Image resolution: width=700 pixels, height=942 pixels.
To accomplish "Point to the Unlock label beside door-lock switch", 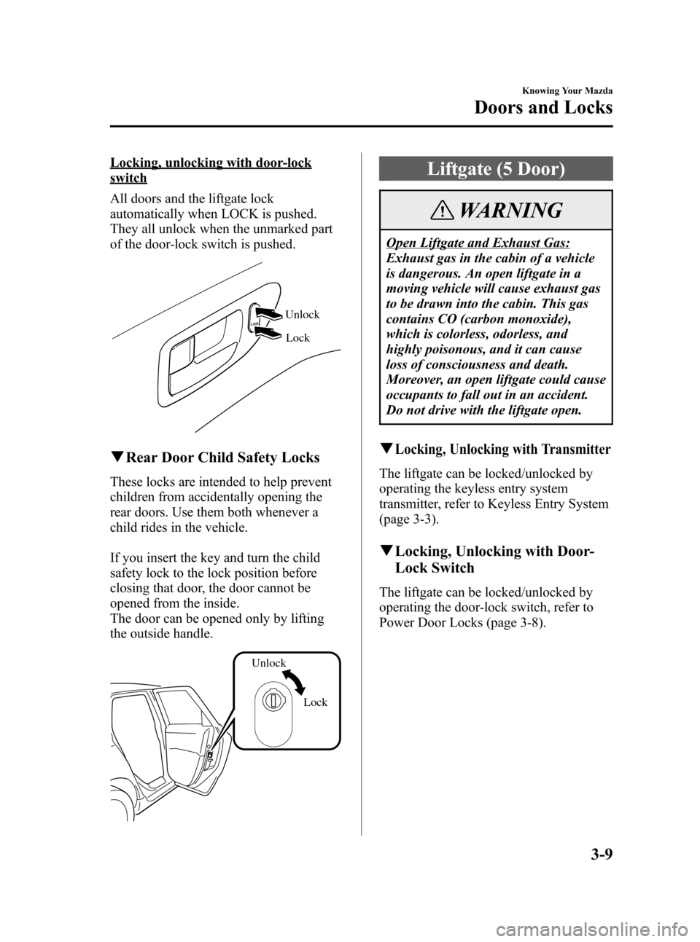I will pyautogui.click(x=302, y=315).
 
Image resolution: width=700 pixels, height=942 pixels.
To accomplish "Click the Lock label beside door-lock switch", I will pyautogui.click(x=297, y=338).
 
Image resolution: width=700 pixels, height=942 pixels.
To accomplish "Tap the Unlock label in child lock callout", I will pyautogui.click(x=269, y=663).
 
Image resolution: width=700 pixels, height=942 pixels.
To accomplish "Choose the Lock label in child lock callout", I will pyautogui.click(x=315, y=702).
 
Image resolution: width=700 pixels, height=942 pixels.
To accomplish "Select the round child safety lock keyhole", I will pyautogui.click(x=271, y=702).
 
